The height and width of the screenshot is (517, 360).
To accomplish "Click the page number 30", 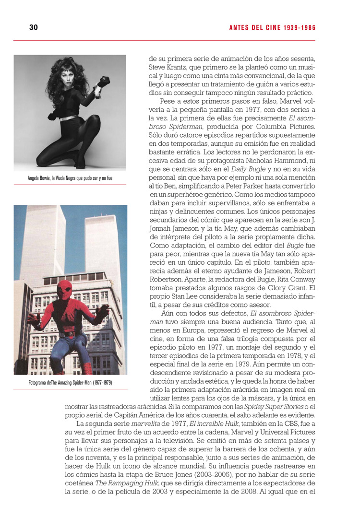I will pyautogui.click(x=34, y=27).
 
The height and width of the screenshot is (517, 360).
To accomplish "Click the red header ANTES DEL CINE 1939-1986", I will pyautogui.click(x=272, y=28).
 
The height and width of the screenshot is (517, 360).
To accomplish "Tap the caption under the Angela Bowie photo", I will pyautogui.click(x=70, y=178).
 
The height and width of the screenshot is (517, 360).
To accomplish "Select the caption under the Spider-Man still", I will pyautogui.click(x=70, y=382).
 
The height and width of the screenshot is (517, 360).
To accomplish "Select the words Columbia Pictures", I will pyautogui.click(x=281, y=127).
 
